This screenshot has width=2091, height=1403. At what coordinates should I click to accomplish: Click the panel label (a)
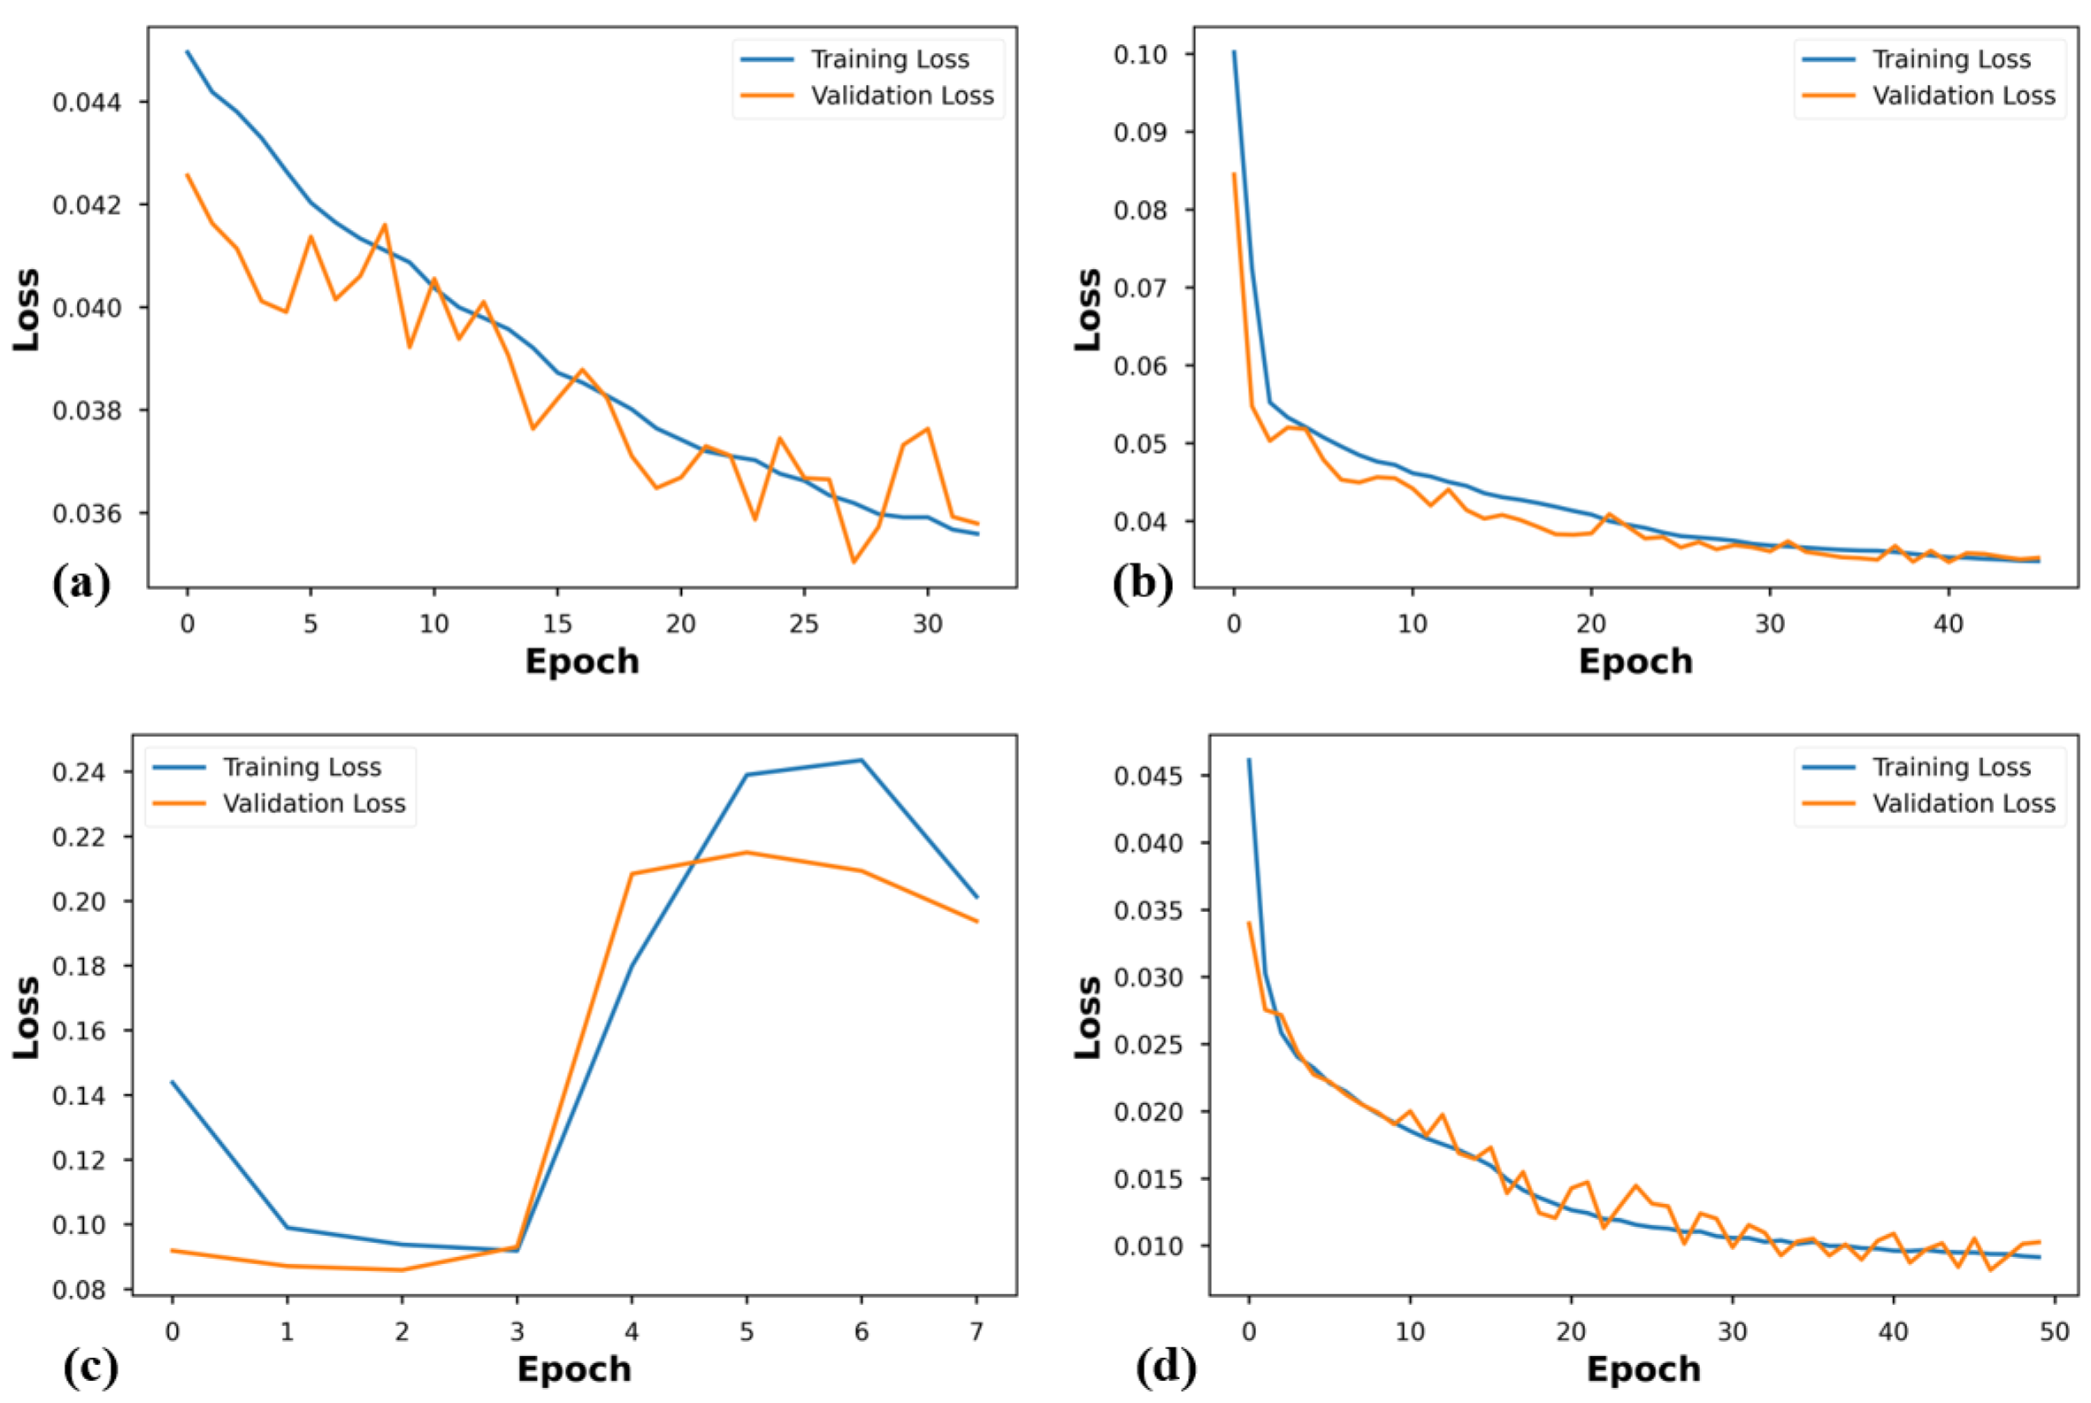[81, 582]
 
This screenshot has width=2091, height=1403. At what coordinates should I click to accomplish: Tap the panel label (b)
[1143, 582]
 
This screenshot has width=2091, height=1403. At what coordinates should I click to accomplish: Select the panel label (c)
[90, 1367]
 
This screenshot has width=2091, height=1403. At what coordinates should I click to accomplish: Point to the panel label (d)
[1166, 1367]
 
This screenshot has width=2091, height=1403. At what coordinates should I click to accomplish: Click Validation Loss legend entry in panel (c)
[313, 803]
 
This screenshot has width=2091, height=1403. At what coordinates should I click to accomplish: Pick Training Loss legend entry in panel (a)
[889, 59]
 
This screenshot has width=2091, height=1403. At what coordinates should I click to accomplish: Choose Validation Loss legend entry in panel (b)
[1964, 96]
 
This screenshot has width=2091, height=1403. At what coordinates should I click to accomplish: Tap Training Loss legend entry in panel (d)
[1951, 767]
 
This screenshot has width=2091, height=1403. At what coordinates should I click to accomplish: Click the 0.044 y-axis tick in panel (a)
[86, 102]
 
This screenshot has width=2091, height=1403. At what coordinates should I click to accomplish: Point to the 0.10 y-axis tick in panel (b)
[1140, 55]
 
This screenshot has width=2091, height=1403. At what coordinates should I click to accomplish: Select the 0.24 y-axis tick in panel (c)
[79, 772]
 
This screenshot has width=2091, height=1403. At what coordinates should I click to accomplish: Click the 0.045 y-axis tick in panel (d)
[1148, 775]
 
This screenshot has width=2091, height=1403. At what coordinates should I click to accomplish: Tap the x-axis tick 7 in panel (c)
[977, 1332]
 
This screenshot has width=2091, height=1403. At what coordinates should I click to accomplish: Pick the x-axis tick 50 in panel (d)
[2055, 1332]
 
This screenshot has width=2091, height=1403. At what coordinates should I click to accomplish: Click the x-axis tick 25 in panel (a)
[803, 624]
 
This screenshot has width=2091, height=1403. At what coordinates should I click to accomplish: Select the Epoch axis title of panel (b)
[1635, 661]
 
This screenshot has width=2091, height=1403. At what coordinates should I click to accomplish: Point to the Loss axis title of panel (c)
[27, 1017]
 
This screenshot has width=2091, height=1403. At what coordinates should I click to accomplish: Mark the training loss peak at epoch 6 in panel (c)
[861, 761]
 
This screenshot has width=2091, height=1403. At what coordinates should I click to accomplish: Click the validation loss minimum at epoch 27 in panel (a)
[854, 562]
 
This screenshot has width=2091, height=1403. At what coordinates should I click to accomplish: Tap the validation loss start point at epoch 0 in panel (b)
[1234, 174]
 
